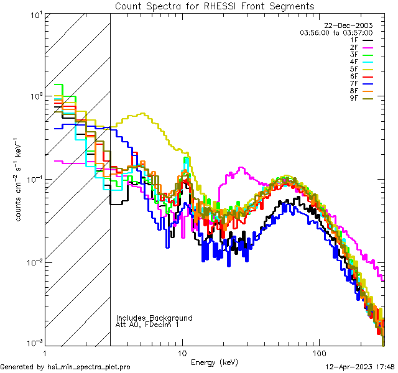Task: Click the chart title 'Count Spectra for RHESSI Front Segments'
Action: click(x=215, y=6)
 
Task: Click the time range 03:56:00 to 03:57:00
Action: click(x=336, y=32)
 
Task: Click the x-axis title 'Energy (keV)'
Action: click(x=215, y=362)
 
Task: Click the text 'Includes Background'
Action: click(x=154, y=318)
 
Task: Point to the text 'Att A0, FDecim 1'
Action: click(x=147, y=325)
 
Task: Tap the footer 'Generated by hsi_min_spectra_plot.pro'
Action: click(x=65, y=367)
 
